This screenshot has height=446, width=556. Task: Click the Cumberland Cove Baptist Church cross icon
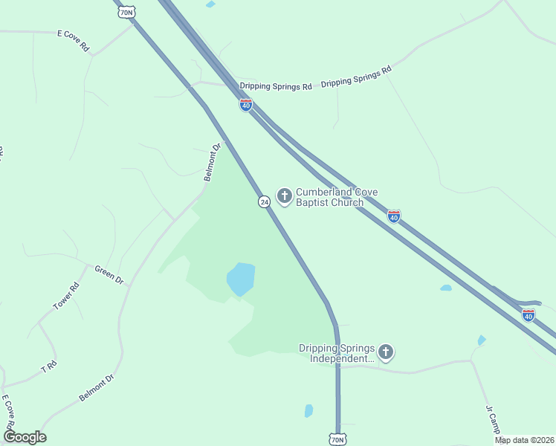(x=284, y=196)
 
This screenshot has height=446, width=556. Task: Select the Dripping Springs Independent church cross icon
(x=385, y=352)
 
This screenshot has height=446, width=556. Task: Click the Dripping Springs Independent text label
(x=337, y=353)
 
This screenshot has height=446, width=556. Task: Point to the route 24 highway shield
(x=264, y=201)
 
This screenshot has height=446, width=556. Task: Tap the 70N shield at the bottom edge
(x=338, y=439)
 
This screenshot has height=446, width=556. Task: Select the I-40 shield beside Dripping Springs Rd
(x=246, y=105)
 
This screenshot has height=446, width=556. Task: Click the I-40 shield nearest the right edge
(x=528, y=315)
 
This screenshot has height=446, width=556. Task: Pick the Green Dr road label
(x=109, y=274)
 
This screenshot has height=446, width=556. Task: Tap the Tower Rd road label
(x=65, y=297)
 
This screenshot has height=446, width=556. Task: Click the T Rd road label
(x=49, y=367)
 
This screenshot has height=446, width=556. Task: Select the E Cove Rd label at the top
(x=74, y=40)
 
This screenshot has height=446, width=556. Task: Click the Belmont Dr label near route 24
(x=213, y=162)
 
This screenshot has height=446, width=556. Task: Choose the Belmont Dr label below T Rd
(x=97, y=388)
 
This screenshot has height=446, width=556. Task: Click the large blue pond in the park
(x=241, y=279)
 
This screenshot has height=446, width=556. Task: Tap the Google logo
(x=25, y=437)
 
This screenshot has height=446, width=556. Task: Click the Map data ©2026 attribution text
(x=525, y=440)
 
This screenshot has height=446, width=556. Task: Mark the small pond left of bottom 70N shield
(x=308, y=410)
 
